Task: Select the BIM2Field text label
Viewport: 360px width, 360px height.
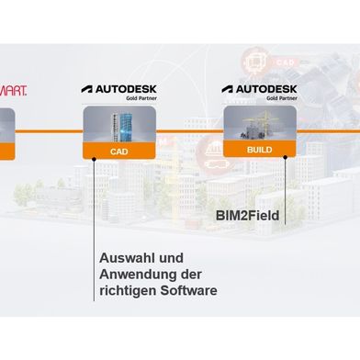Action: [x=246, y=218]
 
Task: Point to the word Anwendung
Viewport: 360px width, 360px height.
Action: [x=139, y=275]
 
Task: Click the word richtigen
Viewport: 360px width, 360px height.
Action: [x=129, y=292]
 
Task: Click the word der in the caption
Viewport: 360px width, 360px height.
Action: [x=192, y=275]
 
